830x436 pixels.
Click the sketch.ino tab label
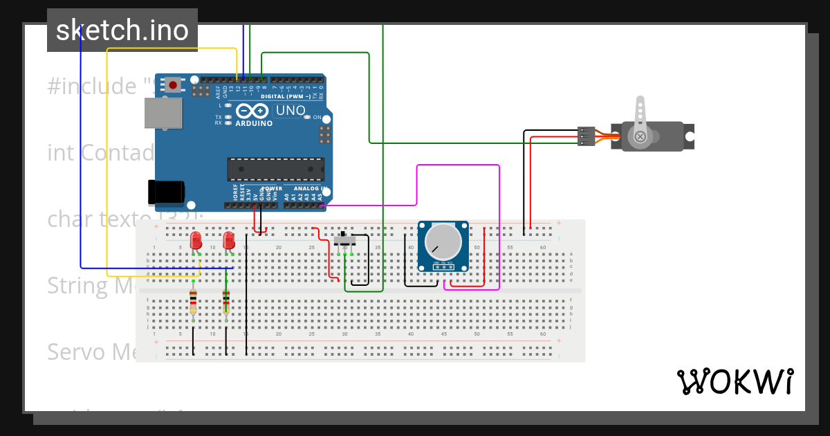click(122, 30)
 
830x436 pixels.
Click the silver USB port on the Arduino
click(163, 113)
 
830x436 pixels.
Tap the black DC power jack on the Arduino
click(166, 192)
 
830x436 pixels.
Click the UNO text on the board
click(290, 111)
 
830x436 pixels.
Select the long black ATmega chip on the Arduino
click(276, 169)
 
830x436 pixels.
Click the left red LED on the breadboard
click(196, 241)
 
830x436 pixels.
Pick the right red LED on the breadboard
click(229, 241)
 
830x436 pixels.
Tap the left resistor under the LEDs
click(193, 302)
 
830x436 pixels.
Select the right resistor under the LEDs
click(226, 302)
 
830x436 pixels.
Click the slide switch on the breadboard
click(345, 240)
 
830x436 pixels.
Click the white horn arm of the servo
click(640, 114)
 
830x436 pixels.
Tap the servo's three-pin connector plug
click(586, 136)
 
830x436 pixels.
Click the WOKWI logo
click(735, 381)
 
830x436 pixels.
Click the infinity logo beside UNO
click(251, 111)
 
